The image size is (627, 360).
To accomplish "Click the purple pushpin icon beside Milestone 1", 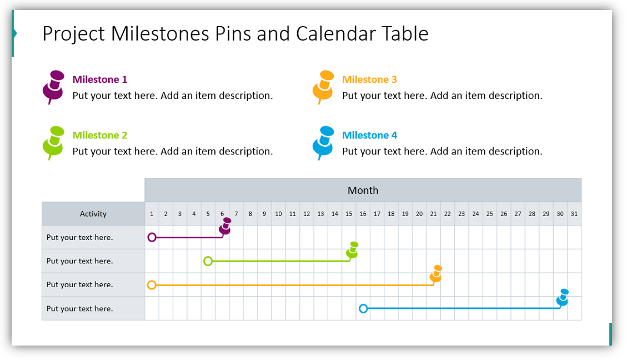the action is [53, 87].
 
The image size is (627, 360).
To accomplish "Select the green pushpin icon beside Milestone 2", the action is [53, 142].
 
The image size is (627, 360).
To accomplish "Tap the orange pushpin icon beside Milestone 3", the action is [323, 87].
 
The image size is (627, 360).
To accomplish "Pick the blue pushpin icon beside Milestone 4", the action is [323, 142].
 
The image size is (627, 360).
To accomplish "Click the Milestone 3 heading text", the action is [369, 79].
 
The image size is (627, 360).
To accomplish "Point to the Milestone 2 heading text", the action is [100, 135].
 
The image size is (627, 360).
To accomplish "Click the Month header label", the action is [363, 191].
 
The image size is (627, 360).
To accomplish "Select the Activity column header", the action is [93, 214].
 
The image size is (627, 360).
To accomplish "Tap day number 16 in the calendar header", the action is [363, 214].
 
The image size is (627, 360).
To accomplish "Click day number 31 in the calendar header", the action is [574, 214].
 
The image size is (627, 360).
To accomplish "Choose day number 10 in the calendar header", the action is [278, 214].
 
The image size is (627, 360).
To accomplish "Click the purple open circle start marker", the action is [152, 238].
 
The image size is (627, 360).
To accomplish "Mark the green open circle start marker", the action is [208, 261].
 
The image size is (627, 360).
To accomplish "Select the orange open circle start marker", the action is [152, 285].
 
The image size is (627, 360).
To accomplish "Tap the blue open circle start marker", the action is [363, 308].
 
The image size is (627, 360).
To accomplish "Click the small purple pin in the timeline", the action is [225, 227].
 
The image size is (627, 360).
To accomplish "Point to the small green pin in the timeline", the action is [352, 251].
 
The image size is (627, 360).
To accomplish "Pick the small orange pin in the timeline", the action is [436, 274].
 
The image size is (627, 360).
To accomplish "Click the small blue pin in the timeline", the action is [563, 298].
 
